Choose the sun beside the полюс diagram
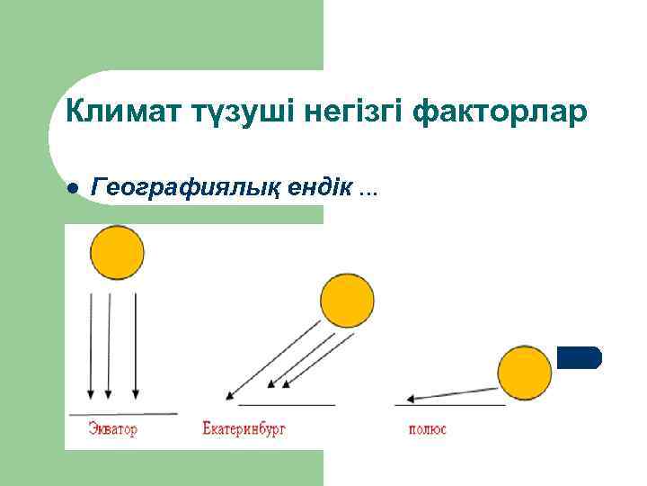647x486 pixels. [525, 373]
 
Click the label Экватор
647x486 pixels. [113, 429]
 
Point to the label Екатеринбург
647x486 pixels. [244, 429]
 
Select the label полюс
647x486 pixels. [427, 429]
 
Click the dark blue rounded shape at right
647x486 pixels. [579, 357]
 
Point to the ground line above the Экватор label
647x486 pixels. [121, 414]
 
